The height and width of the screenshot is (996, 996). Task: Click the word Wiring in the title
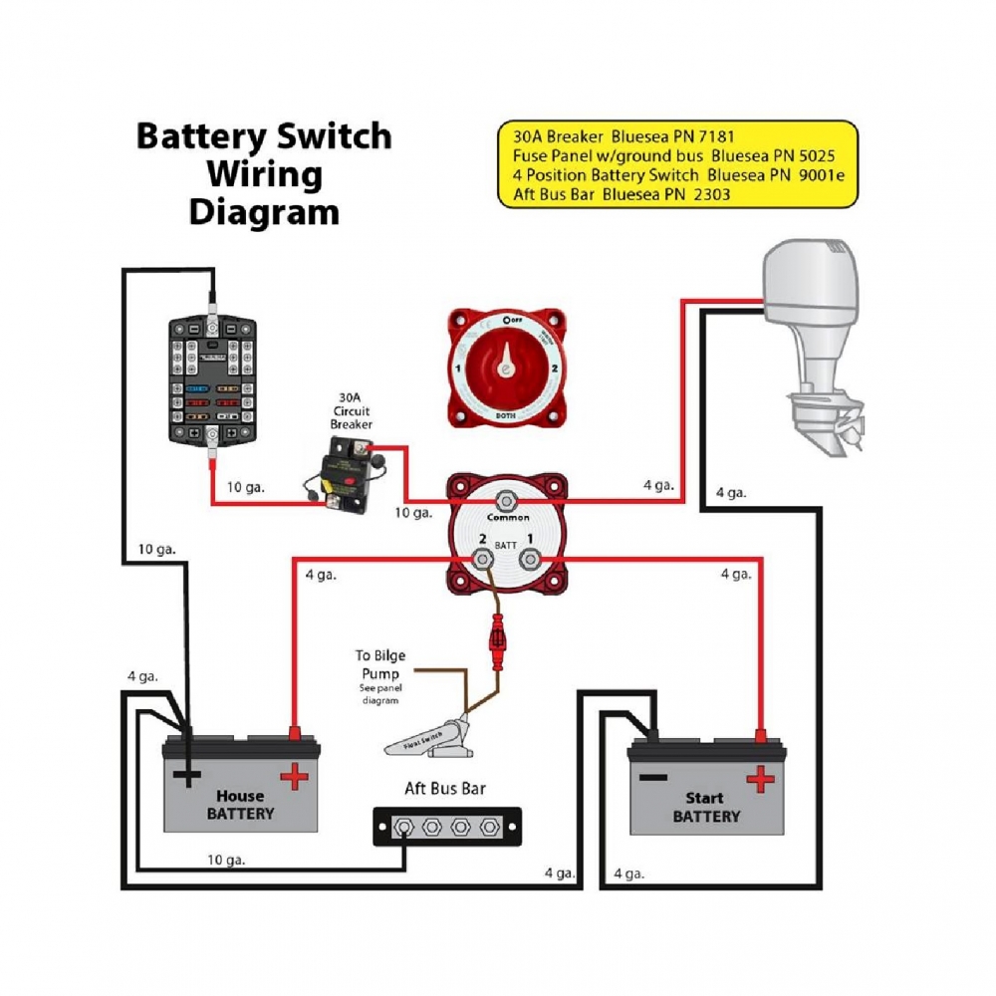(x=264, y=174)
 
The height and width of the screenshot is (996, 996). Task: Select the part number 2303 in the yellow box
(x=709, y=194)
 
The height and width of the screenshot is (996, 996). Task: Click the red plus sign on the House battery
(x=294, y=776)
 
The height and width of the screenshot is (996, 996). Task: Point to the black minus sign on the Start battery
(x=653, y=776)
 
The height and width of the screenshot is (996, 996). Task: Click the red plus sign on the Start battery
(x=760, y=779)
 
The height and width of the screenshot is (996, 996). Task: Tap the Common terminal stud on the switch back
(x=508, y=499)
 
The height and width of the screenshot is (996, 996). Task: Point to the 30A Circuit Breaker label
(x=351, y=409)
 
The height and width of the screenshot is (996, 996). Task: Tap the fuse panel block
(x=212, y=378)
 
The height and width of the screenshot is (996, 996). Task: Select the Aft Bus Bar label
(x=445, y=789)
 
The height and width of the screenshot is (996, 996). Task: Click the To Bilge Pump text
(x=379, y=665)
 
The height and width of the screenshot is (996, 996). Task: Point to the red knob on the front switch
(x=506, y=370)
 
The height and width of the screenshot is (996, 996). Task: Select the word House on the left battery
(x=240, y=796)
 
